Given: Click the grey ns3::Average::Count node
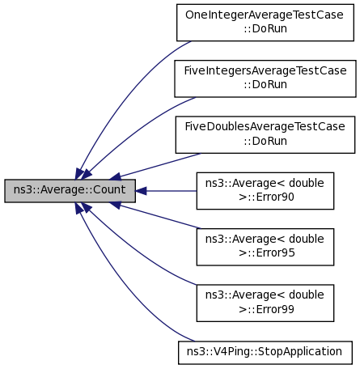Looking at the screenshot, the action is [70, 191].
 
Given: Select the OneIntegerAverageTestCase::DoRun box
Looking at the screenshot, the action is [265, 23].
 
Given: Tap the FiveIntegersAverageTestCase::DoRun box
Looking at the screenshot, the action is [265, 78].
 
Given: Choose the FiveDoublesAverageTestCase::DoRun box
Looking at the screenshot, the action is [265, 134].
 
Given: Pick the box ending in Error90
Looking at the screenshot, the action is [265, 191].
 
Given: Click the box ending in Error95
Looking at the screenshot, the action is [265, 247].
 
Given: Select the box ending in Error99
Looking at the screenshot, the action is [265, 303].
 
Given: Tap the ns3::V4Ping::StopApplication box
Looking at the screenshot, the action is [265, 353].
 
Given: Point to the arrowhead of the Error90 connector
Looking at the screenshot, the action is [140, 191].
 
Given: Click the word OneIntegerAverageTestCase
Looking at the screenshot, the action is [265, 15].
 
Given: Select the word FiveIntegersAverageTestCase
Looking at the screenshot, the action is [265, 70].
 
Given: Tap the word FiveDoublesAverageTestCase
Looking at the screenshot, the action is [265, 126].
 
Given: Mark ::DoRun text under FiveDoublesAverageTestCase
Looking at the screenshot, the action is [265, 141].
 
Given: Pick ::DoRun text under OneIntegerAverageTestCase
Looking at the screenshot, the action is [265, 28].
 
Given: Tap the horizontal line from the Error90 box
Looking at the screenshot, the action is [172, 191].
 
